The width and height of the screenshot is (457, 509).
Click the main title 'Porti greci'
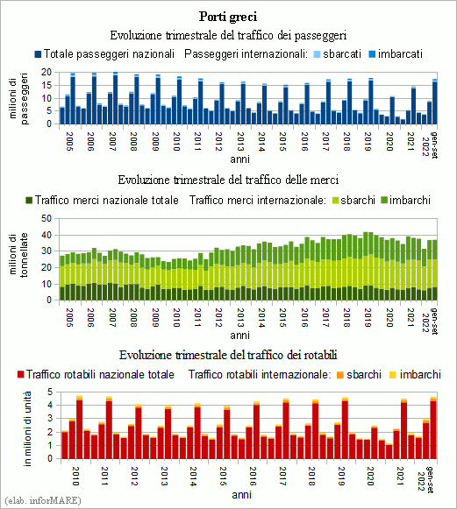(x=228, y=17)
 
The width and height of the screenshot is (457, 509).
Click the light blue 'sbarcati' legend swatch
(x=318, y=54)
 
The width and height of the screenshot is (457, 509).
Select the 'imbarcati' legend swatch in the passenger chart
(x=372, y=54)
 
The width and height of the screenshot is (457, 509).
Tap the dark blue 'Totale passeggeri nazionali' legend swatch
(x=38, y=54)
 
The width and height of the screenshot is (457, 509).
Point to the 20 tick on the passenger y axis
(x=46, y=72)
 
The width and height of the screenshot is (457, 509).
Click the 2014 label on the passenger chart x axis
(x=261, y=141)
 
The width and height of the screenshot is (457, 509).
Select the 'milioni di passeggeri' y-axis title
(x=18, y=98)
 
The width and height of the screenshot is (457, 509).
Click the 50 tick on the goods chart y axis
(x=46, y=218)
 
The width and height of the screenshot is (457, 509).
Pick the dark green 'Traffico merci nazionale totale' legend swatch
(x=29, y=201)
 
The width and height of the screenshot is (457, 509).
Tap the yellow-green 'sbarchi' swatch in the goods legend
(x=335, y=201)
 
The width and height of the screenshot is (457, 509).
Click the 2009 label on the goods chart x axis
(x=155, y=317)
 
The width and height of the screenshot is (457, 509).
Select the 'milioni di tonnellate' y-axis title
(x=18, y=255)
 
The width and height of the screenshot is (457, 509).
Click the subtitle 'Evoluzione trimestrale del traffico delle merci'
(x=228, y=180)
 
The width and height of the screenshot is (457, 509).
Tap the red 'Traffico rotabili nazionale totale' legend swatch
(x=21, y=375)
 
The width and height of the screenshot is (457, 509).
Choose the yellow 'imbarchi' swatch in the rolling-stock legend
(x=393, y=375)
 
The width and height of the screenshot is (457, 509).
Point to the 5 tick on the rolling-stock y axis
(x=50, y=392)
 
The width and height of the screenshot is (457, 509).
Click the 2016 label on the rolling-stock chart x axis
(x=253, y=476)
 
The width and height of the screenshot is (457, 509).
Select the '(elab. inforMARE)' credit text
(x=43, y=500)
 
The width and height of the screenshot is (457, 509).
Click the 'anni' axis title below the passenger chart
(x=239, y=159)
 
